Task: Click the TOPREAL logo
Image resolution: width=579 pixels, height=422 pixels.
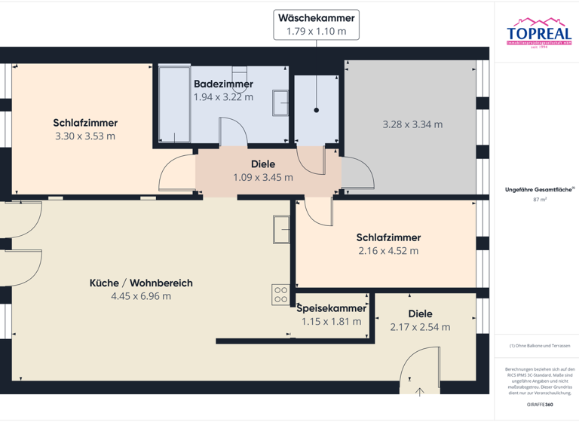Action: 538,33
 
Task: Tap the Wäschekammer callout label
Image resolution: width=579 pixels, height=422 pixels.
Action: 316,24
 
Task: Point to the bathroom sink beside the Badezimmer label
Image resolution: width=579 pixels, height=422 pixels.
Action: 280,102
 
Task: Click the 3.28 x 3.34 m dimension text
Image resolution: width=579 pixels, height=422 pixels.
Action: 412,124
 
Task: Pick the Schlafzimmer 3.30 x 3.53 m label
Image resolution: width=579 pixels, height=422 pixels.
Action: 85,130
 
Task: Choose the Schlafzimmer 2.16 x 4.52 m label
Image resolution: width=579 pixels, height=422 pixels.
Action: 388,244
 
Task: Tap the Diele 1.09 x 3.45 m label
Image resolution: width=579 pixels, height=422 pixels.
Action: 262,170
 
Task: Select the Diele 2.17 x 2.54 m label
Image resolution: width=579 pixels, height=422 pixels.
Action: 420,320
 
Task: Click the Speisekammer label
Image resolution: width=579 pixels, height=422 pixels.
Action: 331,314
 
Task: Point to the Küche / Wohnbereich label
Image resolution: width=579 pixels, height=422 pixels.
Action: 141,289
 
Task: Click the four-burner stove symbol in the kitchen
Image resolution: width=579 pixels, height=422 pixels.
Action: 280,295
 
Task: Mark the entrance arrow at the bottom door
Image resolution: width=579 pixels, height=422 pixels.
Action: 420,391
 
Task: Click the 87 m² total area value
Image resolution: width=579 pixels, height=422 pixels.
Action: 539,200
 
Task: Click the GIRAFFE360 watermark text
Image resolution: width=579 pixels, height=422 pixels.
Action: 539,405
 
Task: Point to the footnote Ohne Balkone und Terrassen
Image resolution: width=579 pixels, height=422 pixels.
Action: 539,346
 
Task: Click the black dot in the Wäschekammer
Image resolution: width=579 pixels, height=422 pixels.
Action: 317,110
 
